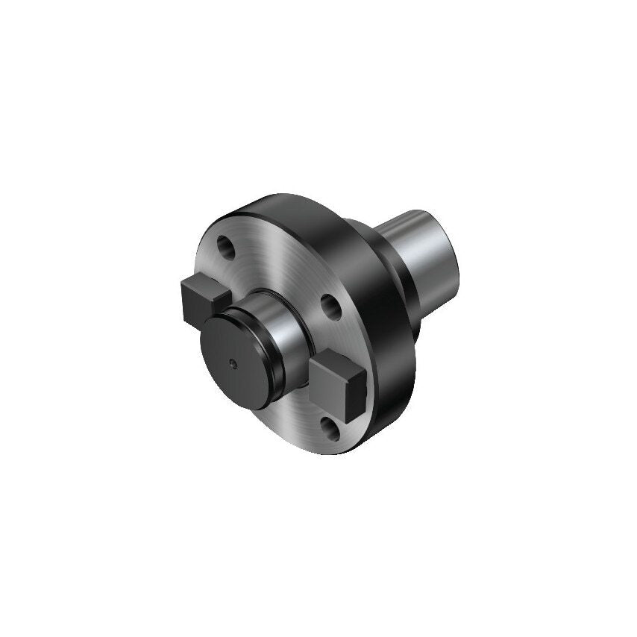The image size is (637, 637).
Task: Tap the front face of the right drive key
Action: [345, 387]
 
